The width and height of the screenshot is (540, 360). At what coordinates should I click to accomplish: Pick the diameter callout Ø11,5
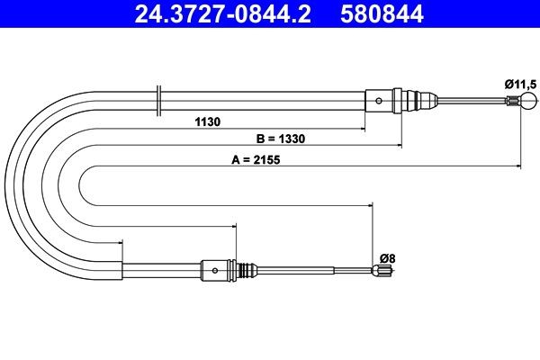[x=520, y=84]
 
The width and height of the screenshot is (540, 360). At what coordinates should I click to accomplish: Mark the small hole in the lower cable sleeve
[x=215, y=269]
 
